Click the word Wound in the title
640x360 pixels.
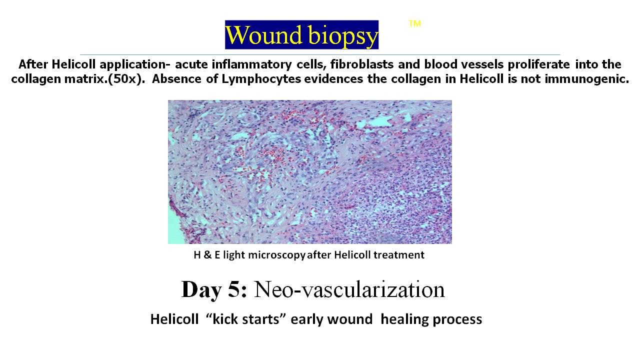pyautogui.click(x=263, y=35)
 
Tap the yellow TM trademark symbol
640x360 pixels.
pyautogui.click(x=414, y=23)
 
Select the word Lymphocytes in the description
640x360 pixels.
pyautogui.click(x=261, y=79)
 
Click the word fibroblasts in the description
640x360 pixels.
pyautogui.click(x=362, y=64)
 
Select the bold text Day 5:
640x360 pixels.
pyautogui.click(x=214, y=289)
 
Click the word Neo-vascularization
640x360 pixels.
pyautogui.click(x=349, y=289)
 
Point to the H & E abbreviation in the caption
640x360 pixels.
pyautogui.click(x=207, y=254)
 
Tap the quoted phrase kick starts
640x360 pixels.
pyautogui.click(x=245, y=319)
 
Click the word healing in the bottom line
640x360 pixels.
pyautogui.click(x=404, y=319)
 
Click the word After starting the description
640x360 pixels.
pyautogui.click(x=33, y=64)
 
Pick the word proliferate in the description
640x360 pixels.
pyautogui.click(x=538, y=64)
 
